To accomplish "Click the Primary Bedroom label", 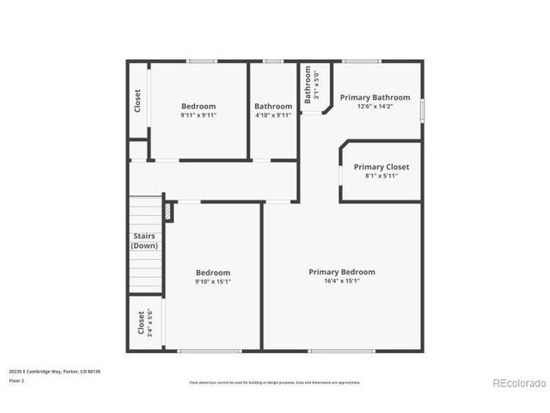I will [x=342, y=272].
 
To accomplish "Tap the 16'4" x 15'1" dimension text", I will [x=342, y=280].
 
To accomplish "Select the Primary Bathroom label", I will [x=375, y=98].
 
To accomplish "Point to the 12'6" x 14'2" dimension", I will [x=375, y=107].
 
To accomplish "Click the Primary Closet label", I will [x=381, y=167].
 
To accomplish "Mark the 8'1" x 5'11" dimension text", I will [x=381, y=176].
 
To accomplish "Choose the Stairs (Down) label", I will [x=144, y=241].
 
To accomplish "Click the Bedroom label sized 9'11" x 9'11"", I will [x=199, y=106].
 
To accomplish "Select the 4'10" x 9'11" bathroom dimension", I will [x=273, y=114].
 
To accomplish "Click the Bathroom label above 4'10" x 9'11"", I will [x=273, y=106].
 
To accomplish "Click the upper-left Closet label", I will [x=137, y=101].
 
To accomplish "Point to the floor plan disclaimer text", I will [x=275, y=382].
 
